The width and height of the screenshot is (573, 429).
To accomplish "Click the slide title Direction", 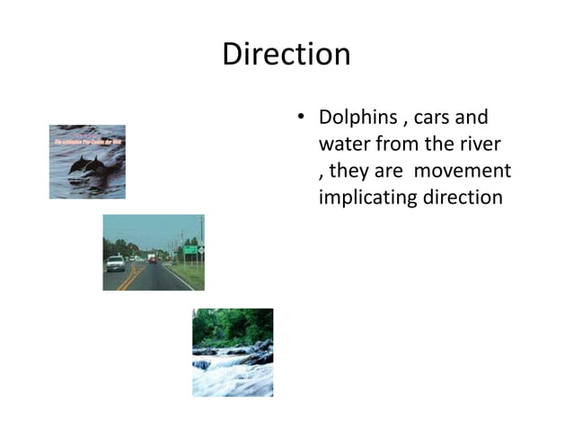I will tap(286, 55).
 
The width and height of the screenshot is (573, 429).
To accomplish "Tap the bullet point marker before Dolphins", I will tap(303, 119).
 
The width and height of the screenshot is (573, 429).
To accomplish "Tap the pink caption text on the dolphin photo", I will tap(86, 142).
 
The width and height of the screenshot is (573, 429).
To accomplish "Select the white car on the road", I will tap(116, 263).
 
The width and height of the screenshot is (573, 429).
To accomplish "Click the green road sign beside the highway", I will tap(190, 250).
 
